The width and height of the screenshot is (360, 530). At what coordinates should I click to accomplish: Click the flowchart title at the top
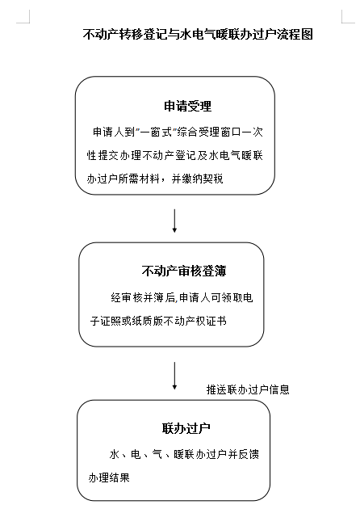click(198, 34)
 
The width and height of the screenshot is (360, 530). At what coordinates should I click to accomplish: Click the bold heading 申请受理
click(188, 106)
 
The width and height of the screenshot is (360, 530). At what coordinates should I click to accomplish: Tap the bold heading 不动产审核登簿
click(184, 271)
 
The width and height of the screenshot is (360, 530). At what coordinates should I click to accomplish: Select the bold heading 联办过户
click(186, 428)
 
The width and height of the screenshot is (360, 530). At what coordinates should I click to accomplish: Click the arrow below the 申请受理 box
click(174, 221)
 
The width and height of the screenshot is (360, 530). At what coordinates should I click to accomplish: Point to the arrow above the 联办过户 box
click(174, 376)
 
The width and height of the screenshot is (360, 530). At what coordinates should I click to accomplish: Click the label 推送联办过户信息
click(248, 389)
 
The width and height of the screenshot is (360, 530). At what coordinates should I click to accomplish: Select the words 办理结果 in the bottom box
click(109, 477)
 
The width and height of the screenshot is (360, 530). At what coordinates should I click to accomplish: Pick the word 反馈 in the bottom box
click(249, 454)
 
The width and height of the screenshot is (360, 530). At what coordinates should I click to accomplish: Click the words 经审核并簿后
click(143, 297)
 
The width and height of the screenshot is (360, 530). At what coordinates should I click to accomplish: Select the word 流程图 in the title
click(295, 34)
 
